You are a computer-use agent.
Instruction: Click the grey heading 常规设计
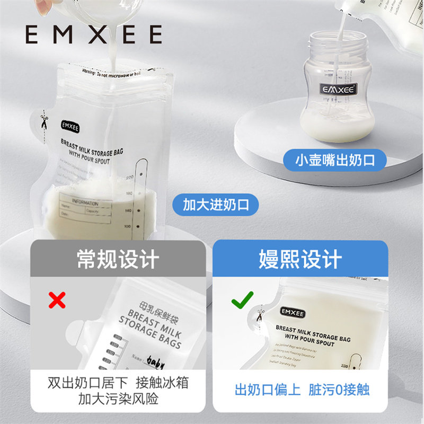click(x=118, y=260)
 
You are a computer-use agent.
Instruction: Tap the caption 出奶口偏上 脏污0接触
click(x=302, y=391)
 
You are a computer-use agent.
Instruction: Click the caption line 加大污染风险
click(x=118, y=399)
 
